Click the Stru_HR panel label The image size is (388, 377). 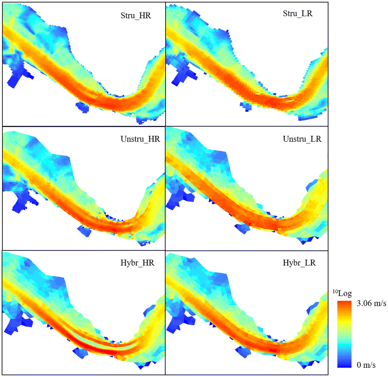(x=136, y=15)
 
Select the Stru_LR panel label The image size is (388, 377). (x=297, y=13)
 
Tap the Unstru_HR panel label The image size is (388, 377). (x=140, y=139)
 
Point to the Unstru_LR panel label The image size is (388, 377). (x=302, y=139)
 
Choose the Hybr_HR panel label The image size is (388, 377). (x=137, y=263)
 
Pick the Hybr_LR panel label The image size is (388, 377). (x=299, y=263)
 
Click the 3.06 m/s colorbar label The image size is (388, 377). (x=371, y=303)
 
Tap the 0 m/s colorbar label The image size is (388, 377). (x=366, y=365)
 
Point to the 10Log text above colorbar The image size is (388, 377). (x=342, y=293)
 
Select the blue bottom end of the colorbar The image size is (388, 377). (x=344, y=365)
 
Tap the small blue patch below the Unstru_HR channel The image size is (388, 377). (x=84, y=231)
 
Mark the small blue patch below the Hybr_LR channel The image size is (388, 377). (x=243, y=351)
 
